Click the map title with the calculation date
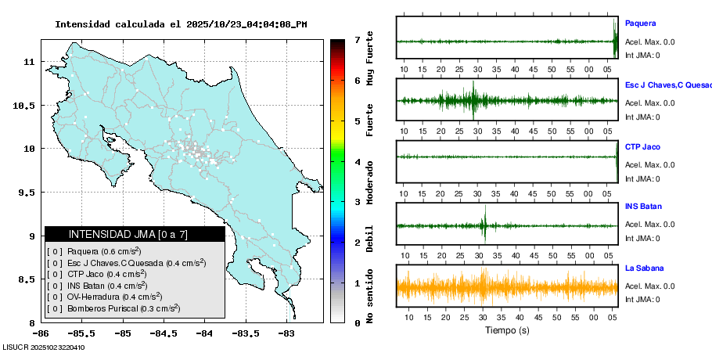[x=181, y=24]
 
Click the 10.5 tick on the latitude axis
[x=26, y=106]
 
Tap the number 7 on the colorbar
[x=357, y=40]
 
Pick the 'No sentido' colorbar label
[x=369, y=293]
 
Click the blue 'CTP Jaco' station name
[x=642, y=146]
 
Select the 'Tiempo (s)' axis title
[x=507, y=330]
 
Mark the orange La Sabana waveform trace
[x=507, y=288]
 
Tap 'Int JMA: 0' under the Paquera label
[x=642, y=56]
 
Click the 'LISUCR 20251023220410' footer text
[x=44, y=347]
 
